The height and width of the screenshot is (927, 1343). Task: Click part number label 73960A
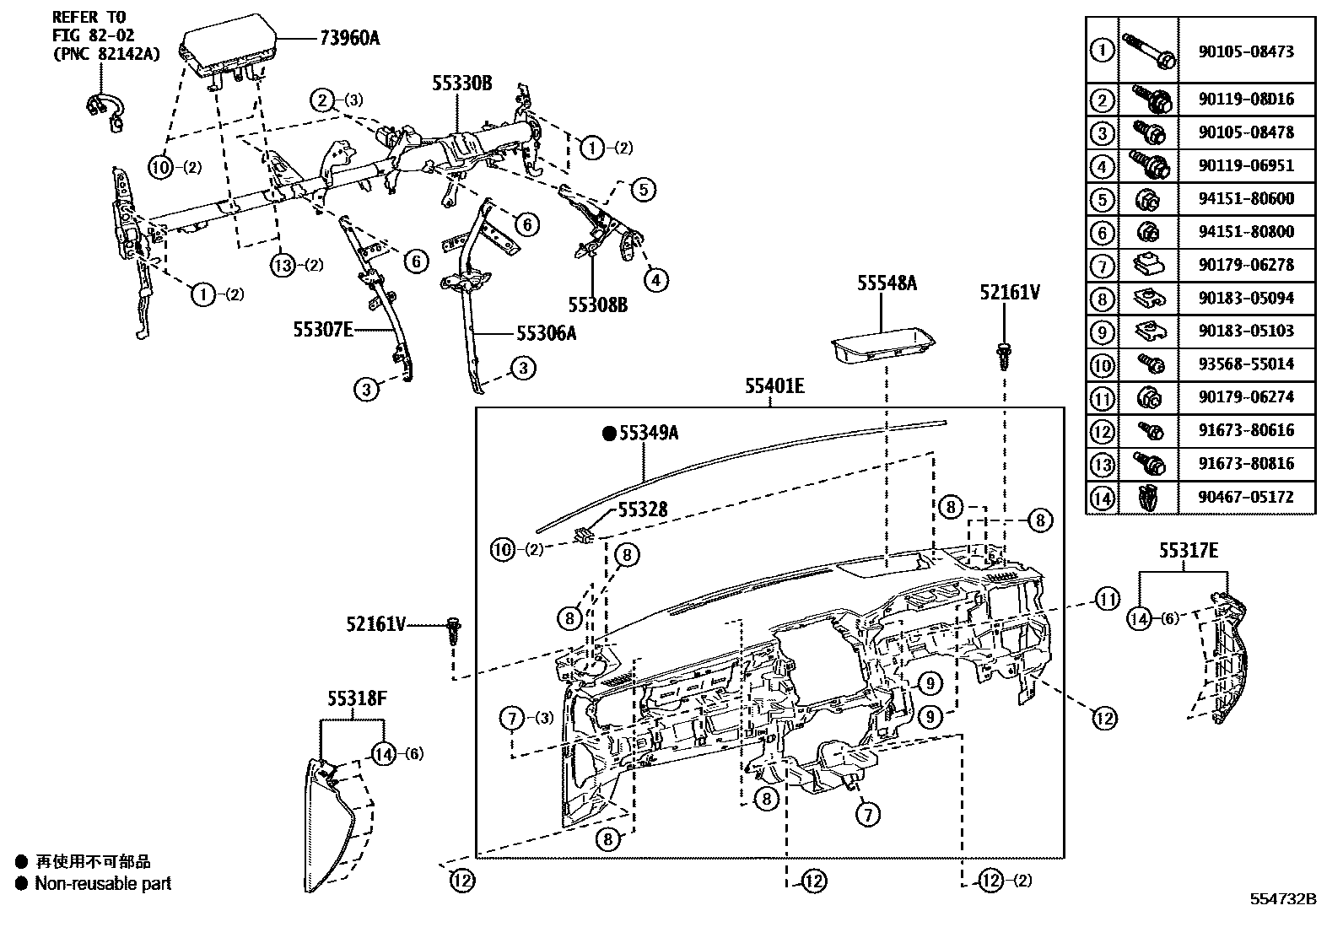[349, 37]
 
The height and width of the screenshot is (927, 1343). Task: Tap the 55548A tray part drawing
[882, 348]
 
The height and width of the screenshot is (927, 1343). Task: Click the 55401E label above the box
[774, 386]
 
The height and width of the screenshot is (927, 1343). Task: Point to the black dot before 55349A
[608, 434]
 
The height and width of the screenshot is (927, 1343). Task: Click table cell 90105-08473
[1245, 51]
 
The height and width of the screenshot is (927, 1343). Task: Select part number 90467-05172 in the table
[1245, 497]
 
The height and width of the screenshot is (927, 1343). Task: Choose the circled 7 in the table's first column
[1102, 265]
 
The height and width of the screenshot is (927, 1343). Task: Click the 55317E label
[1188, 550]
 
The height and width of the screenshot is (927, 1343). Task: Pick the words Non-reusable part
[103, 883]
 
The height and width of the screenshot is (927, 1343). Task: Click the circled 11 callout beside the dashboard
[1107, 600]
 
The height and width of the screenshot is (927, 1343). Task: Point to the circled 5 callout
[642, 189]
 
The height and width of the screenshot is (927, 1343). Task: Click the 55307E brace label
[323, 330]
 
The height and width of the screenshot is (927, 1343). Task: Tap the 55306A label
[546, 333]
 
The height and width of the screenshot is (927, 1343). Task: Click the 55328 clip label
[642, 509]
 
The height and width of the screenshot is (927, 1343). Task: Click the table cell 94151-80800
[1245, 231]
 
